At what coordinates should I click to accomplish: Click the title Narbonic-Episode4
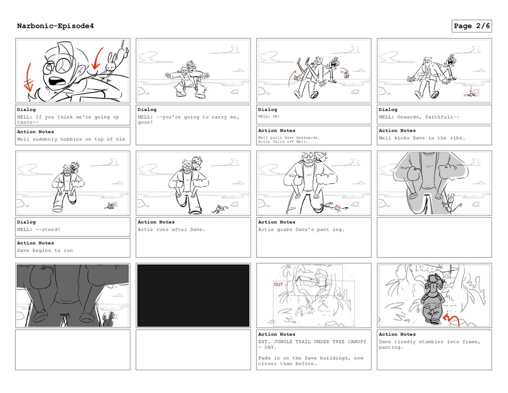(56, 26)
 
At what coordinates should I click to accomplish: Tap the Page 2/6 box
(472, 26)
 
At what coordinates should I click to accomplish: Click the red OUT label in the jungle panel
(279, 284)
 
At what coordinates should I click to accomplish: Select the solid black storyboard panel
(193, 295)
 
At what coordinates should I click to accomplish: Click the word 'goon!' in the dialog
(145, 122)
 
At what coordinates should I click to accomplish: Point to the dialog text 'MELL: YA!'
(268, 116)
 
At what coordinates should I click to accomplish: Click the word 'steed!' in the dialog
(51, 230)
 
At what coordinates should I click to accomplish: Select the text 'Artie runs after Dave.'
(171, 230)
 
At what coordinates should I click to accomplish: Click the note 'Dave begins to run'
(45, 250)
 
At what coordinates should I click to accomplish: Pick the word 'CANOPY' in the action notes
(357, 342)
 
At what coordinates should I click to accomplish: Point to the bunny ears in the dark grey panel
(108, 315)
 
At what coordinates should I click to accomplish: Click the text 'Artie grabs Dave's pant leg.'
(301, 230)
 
